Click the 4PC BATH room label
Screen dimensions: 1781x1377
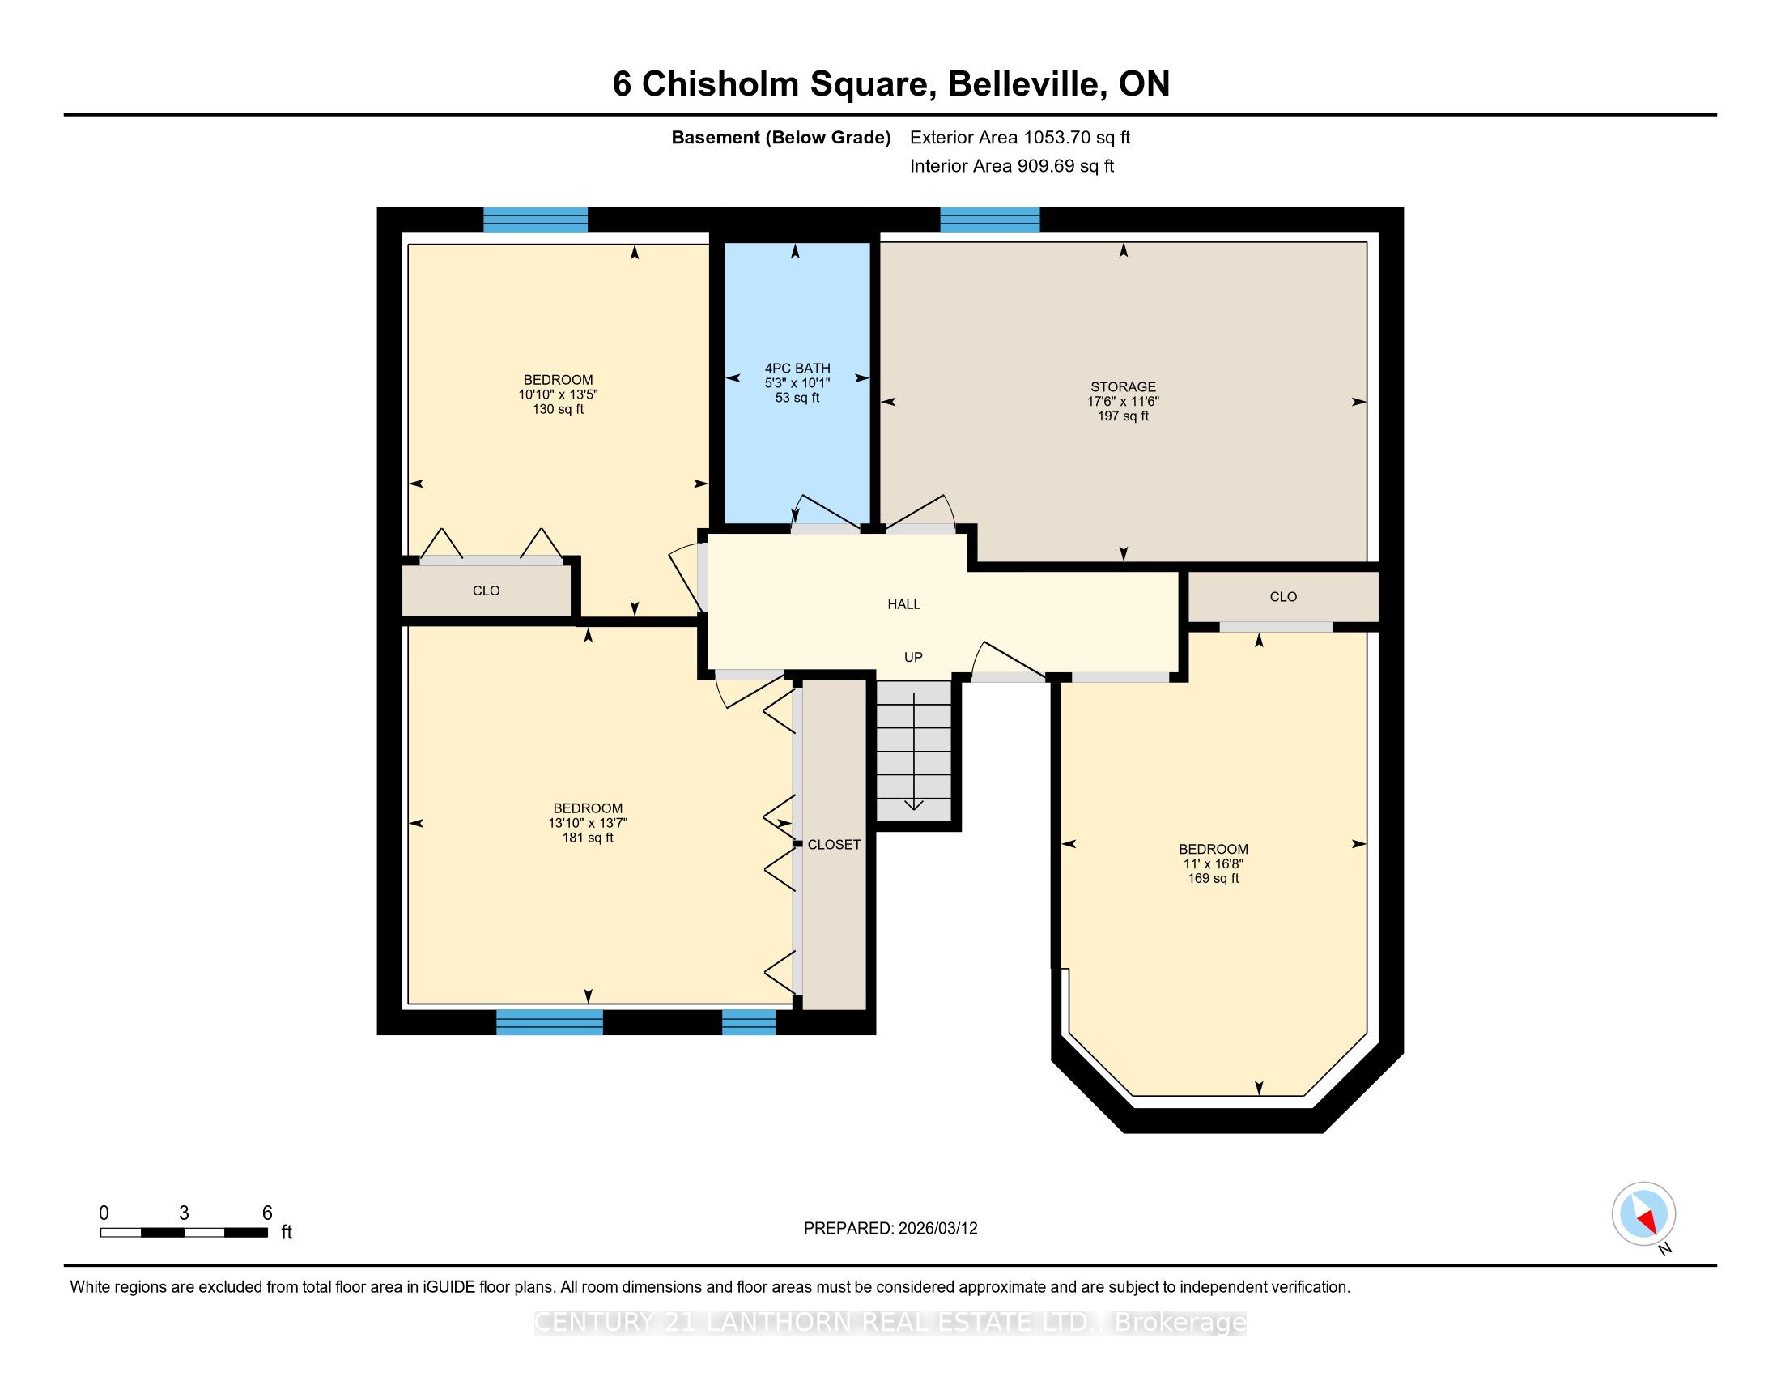(x=797, y=369)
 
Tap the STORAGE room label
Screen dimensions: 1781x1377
(x=1123, y=386)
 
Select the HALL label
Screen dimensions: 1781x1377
(x=903, y=604)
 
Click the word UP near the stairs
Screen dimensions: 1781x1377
(x=912, y=658)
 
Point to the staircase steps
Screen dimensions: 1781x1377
(x=913, y=752)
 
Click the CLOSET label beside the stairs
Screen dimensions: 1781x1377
(x=833, y=845)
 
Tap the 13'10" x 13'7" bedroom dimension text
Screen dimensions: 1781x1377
(x=587, y=824)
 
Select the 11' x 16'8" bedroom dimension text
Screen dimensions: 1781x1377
(x=1214, y=864)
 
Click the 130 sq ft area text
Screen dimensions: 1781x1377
(x=558, y=410)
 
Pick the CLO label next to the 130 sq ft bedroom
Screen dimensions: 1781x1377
(x=486, y=590)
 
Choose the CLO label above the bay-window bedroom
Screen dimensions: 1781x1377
(x=1283, y=597)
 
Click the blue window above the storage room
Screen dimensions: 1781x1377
(x=990, y=220)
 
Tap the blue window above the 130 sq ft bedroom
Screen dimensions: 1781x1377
(x=535, y=220)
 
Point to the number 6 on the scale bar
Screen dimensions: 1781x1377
(x=266, y=1213)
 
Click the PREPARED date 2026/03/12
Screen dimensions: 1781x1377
(x=937, y=1229)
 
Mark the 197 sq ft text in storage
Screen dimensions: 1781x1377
(x=1123, y=416)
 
